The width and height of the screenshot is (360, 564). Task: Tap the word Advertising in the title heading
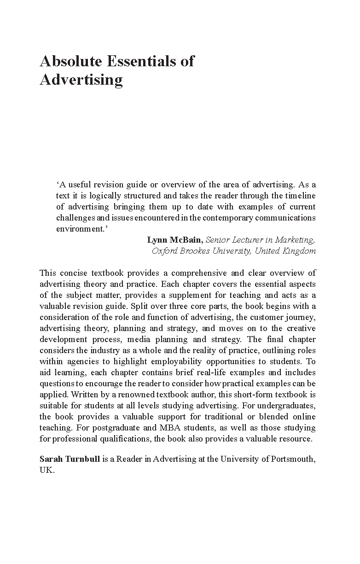81,80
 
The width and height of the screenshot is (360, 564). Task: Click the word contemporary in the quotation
230,218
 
